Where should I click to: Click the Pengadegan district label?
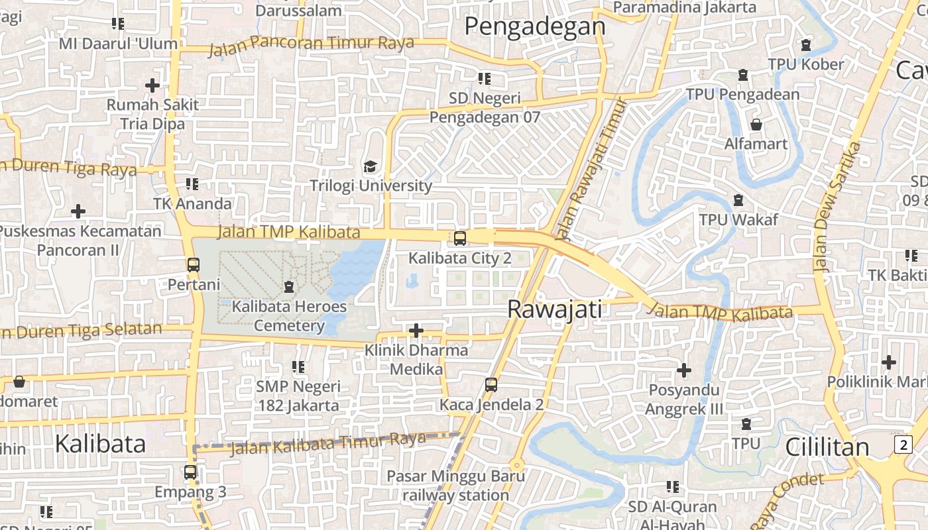(534, 26)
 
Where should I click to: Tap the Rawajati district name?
(555, 309)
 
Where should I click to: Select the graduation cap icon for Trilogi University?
(369, 166)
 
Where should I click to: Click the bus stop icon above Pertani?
(193, 265)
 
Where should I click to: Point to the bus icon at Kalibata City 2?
(459, 238)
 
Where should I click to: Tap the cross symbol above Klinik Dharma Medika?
(416, 330)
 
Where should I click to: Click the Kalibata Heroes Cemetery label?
(289, 316)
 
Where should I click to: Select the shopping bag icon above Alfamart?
(756, 125)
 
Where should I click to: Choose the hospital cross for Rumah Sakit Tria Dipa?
(152, 85)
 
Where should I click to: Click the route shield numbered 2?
(903, 445)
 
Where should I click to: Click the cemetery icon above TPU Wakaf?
(738, 200)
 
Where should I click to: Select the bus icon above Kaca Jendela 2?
(491, 384)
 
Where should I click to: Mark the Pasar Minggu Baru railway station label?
(455, 485)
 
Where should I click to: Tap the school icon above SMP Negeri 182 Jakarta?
(298, 366)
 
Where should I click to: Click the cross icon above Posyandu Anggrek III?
(684, 370)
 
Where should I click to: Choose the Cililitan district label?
(827, 447)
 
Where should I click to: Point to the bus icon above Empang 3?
(190, 472)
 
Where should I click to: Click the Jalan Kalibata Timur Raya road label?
(327, 443)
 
